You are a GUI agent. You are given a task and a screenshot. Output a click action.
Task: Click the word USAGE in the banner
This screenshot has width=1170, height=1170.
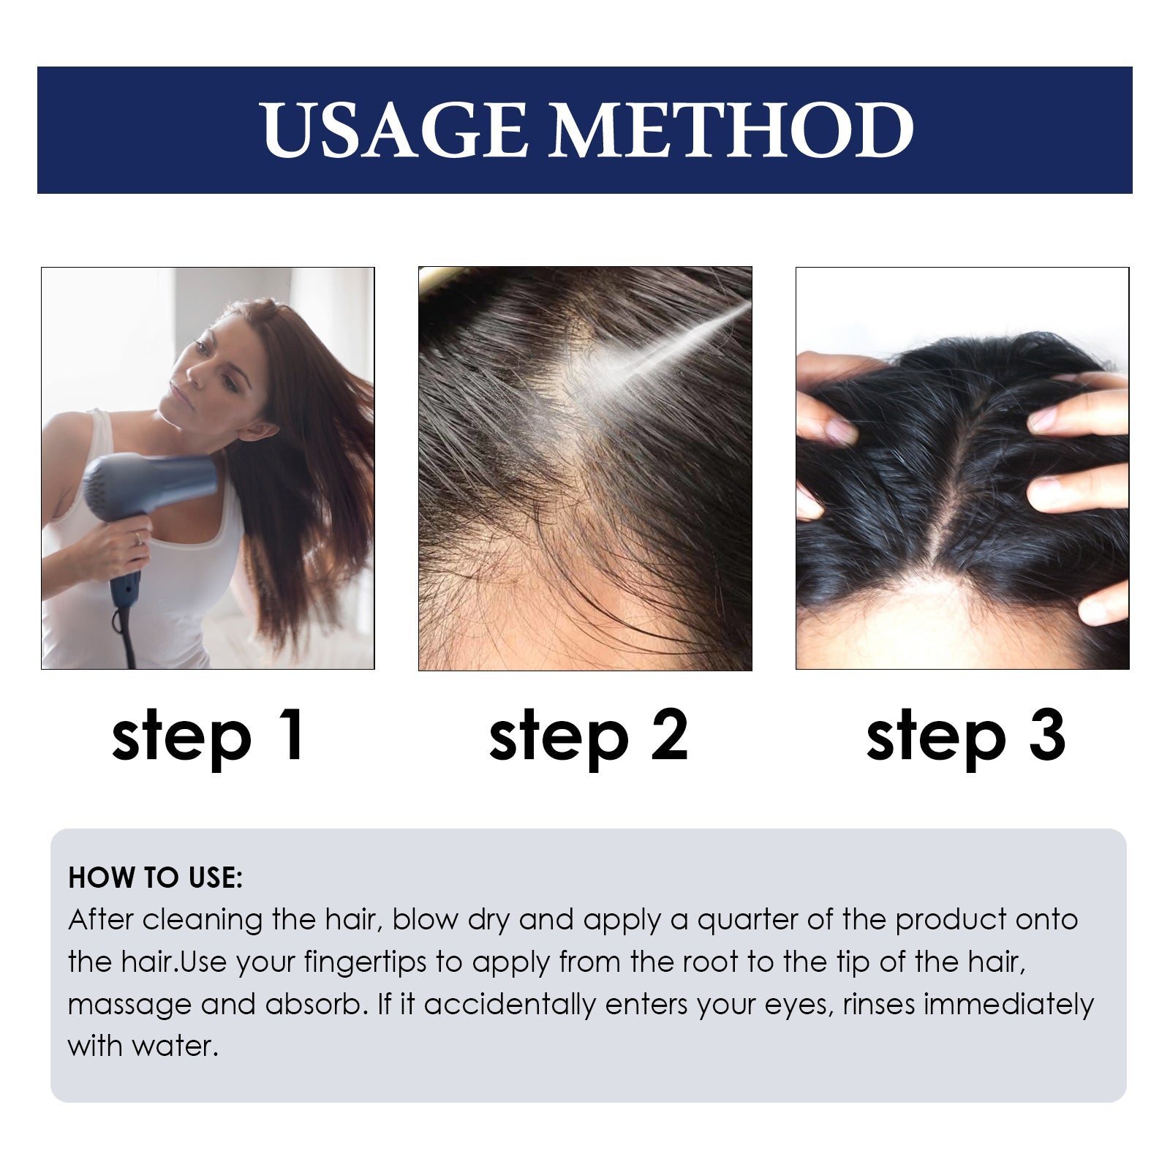tap(393, 130)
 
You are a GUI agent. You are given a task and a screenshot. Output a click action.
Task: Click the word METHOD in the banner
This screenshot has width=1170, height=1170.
tap(731, 130)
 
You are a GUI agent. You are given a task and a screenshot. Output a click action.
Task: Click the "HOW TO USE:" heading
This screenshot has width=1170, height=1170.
tap(155, 877)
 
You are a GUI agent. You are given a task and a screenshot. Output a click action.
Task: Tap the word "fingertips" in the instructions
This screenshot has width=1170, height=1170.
tap(365, 962)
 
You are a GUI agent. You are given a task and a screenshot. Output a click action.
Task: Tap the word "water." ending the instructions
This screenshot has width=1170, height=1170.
tap(175, 1046)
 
